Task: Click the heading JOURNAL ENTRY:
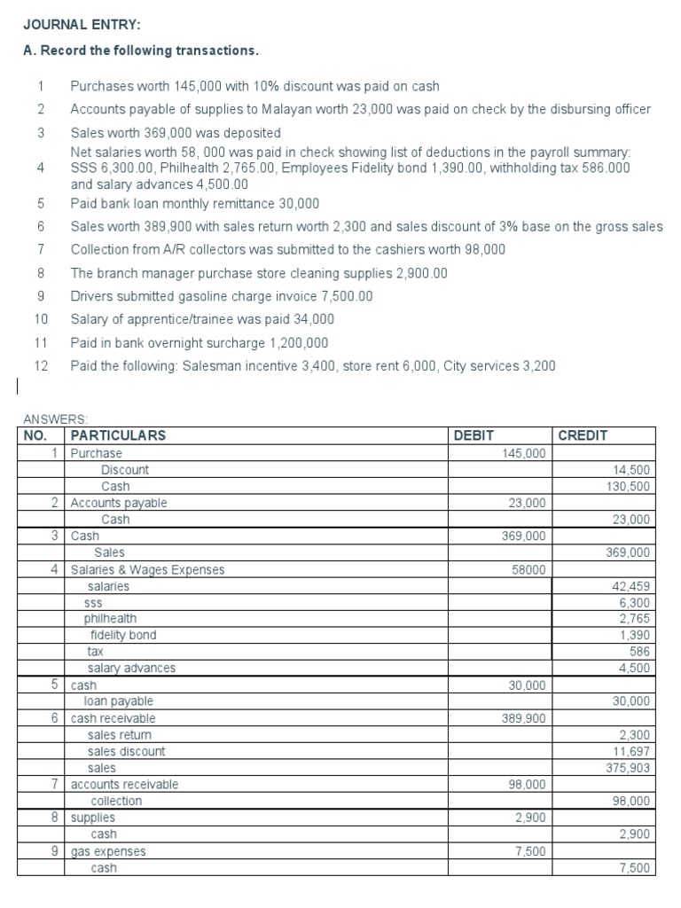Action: pos(75,27)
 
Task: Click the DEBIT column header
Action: pos(474,435)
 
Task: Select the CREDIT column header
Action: pos(583,435)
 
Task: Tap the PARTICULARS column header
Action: pos(118,435)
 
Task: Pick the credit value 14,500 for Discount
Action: pos(631,470)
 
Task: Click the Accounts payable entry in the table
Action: pos(119,503)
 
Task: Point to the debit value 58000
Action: pos(529,569)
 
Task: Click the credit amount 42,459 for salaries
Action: pos(630,586)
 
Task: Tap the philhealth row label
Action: pos(111,618)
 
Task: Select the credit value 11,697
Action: pos(631,751)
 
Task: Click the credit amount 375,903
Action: pos(628,768)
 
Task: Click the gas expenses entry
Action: pos(108,851)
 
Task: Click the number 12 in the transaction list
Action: pos(40,365)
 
